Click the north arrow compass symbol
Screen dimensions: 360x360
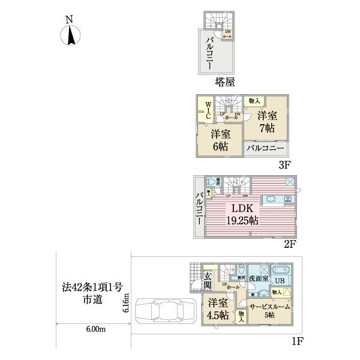pos(70,32)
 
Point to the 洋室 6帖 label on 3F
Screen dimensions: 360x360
pos(219,140)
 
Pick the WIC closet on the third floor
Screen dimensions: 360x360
pos(204,110)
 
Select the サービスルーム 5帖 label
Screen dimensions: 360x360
pos(269,310)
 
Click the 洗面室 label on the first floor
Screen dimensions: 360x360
pos(259,279)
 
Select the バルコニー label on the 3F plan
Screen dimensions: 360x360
pos(265,148)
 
